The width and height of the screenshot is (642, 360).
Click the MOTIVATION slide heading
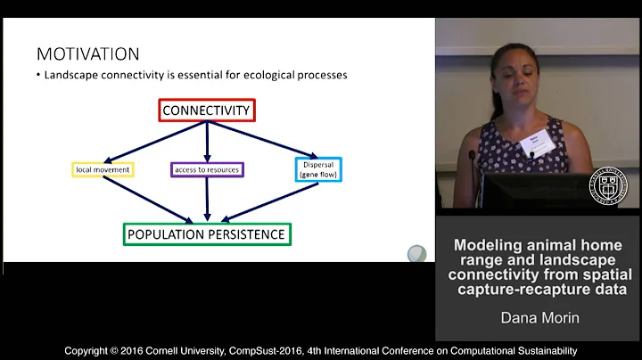(x=87, y=54)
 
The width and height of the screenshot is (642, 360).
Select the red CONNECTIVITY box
(x=207, y=110)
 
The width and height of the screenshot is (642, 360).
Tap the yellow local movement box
(x=102, y=168)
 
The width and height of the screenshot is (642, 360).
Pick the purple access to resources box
(x=206, y=168)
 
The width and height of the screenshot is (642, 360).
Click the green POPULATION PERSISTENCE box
(x=207, y=234)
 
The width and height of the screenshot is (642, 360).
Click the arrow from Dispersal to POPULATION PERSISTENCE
(x=259, y=201)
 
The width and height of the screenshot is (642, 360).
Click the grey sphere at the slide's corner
(x=416, y=253)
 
